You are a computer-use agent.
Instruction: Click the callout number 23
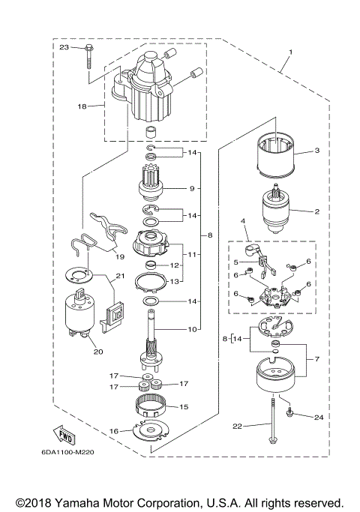[x=64, y=47]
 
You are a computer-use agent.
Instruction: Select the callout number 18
[x=82, y=107]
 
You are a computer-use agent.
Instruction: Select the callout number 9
[x=192, y=188]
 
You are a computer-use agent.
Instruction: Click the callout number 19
[x=119, y=256]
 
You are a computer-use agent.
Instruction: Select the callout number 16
[x=114, y=432]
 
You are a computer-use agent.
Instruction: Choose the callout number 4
[x=243, y=220]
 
